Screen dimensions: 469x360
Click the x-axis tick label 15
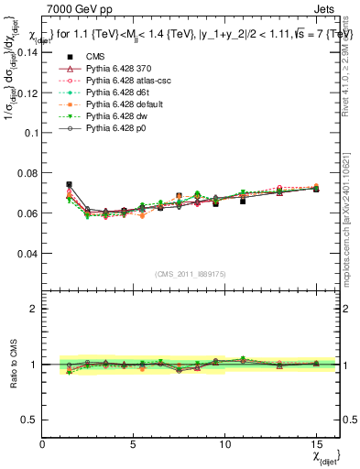[316, 443]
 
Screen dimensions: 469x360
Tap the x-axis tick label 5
[134, 443]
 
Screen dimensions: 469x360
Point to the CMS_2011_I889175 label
[180, 274]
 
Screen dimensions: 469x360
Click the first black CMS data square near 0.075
[69, 184]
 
